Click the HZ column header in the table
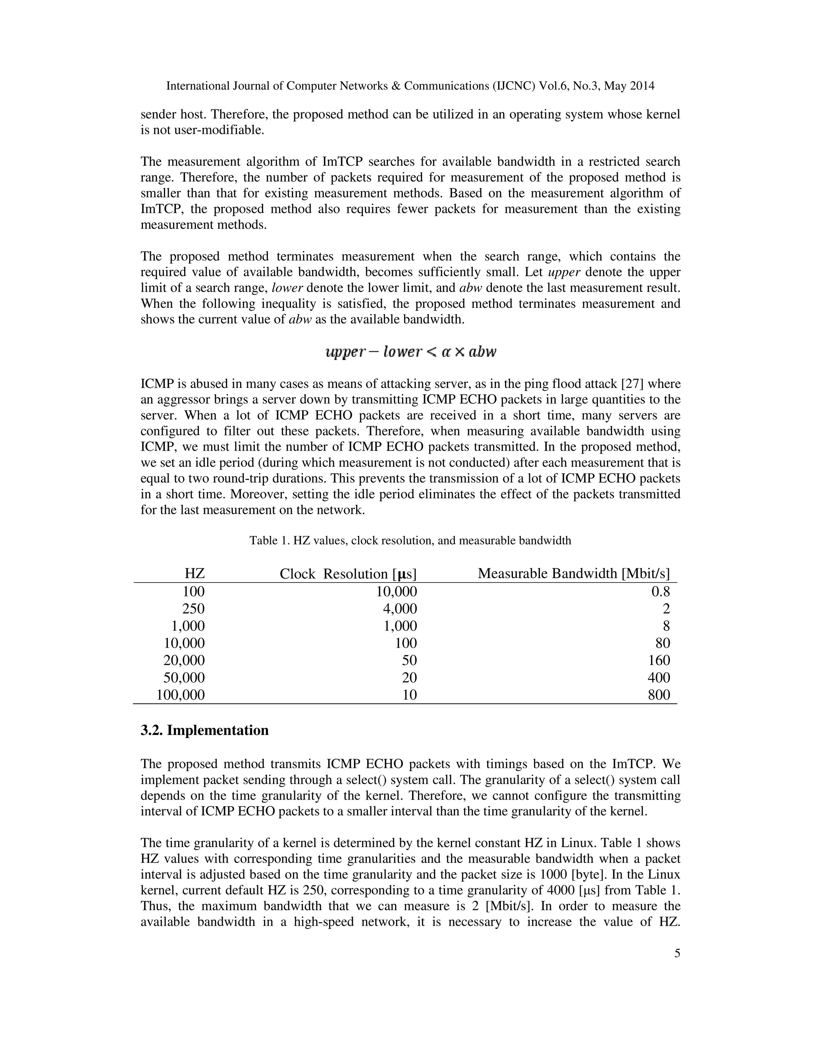tap(195, 573)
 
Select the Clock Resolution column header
tap(348, 573)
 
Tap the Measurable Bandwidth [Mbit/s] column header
tap(574, 573)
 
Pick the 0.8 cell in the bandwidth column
tap(660, 591)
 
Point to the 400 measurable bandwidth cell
tap(659, 677)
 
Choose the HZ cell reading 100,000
tap(181, 695)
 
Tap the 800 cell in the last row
tap(659, 695)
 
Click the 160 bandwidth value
tap(659, 660)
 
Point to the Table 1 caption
tap(410, 541)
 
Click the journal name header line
tap(410, 86)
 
